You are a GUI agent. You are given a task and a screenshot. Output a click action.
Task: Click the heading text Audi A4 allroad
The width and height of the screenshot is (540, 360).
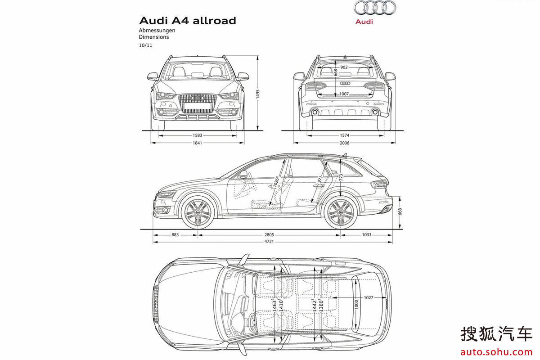coord(187,21)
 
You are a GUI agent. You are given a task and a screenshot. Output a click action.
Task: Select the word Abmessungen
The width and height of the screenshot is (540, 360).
coord(157,30)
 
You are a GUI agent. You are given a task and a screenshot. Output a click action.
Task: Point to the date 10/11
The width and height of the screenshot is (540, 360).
coord(145,45)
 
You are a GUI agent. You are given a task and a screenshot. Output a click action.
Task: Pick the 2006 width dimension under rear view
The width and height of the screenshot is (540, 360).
coord(345,143)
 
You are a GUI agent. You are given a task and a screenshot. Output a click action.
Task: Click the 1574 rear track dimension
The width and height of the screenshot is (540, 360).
coord(345,135)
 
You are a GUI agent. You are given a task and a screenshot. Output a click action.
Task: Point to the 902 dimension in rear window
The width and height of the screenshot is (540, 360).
coord(344,67)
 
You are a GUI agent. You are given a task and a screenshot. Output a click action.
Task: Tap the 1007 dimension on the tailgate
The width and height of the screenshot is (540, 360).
coord(344,94)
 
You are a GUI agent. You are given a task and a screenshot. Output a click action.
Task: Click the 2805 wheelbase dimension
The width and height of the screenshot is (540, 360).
coord(269,235)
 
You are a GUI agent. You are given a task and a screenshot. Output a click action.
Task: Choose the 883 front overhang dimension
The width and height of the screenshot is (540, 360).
coord(175,235)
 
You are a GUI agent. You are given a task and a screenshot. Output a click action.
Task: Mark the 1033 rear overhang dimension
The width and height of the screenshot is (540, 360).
coord(366,235)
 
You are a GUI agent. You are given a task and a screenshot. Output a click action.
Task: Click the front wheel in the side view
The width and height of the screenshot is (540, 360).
coord(196,213)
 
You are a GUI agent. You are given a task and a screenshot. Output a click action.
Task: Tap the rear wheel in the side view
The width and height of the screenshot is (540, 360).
coord(340,213)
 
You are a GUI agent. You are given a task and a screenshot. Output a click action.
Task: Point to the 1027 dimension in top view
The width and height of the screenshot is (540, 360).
coord(369,297)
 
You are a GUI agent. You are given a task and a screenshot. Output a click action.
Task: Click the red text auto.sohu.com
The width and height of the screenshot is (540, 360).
coord(496,350)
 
